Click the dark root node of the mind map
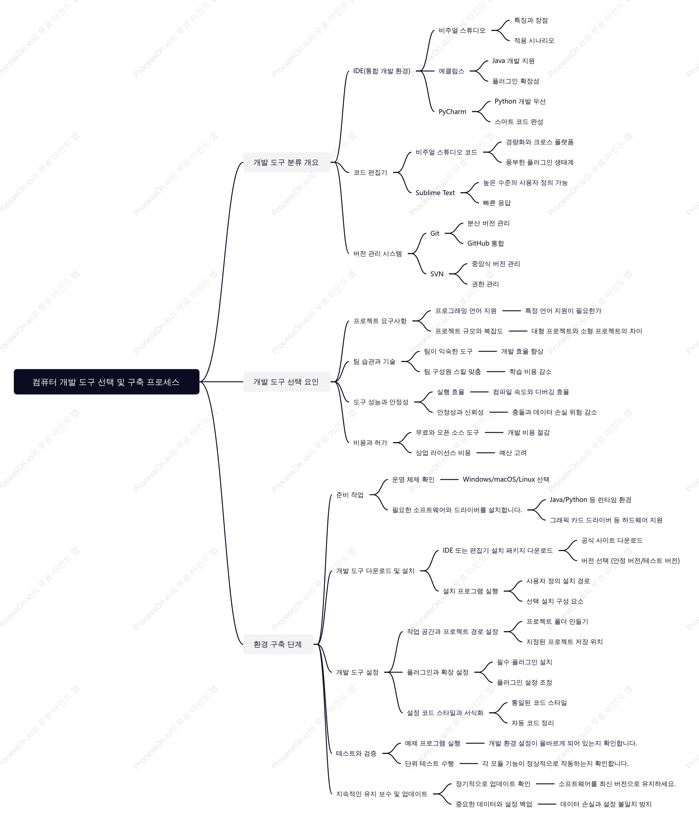(106, 382)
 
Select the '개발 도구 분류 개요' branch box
(286, 162)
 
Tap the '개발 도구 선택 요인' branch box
(286, 382)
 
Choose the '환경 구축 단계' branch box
(278, 644)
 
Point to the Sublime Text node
(435, 193)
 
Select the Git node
(435, 233)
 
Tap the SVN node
(437, 274)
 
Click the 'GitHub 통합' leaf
(485, 243)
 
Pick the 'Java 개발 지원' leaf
(513, 61)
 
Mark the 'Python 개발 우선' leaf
(520, 101)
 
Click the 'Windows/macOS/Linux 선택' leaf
(506, 479)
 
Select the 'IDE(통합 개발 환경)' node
(382, 71)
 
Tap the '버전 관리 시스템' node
(377, 254)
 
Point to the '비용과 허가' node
(370, 442)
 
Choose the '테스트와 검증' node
(356, 753)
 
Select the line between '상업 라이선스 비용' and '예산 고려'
(486, 453)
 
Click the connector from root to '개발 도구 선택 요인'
(221, 382)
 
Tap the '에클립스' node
(451, 71)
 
